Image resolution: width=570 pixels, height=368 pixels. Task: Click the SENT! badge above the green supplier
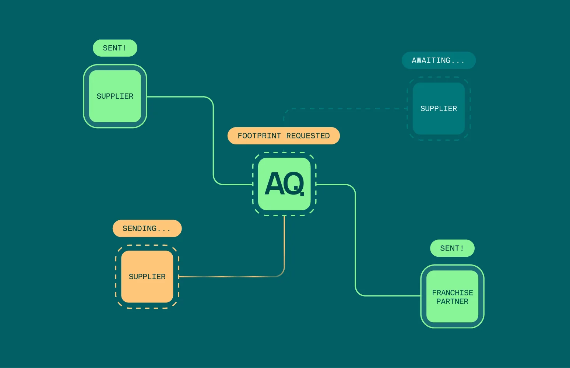click(x=115, y=48)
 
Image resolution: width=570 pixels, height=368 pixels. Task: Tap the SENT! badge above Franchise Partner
click(x=452, y=248)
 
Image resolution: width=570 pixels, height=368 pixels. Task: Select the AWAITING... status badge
click(x=439, y=60)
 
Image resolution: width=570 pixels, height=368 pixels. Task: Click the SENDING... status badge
click(x=147, y=228)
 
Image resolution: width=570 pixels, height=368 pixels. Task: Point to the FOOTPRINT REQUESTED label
click(x=284, y=136)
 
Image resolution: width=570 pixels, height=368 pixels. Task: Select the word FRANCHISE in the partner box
click(x=453, y=293)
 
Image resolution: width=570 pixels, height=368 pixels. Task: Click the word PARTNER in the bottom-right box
click(x=452, y=302)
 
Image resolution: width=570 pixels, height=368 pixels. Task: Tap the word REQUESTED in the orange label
click(x=308, y=136)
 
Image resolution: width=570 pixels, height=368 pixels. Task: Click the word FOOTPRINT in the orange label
click(x=259, y=136)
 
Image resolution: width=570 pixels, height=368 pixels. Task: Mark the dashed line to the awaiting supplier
click(x=346, y=109)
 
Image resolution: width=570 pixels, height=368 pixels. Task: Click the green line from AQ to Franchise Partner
click(x=356, y=239)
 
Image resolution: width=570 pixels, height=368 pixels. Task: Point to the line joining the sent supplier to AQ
click(x=213, y=140)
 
